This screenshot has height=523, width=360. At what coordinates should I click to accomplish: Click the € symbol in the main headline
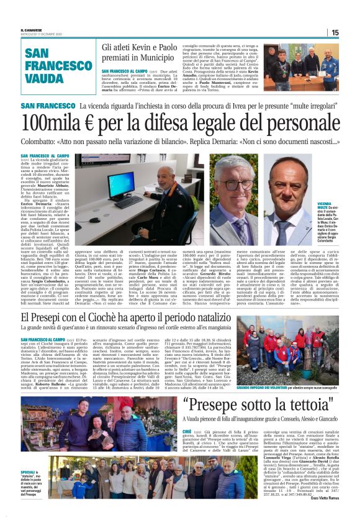point(109,122)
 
